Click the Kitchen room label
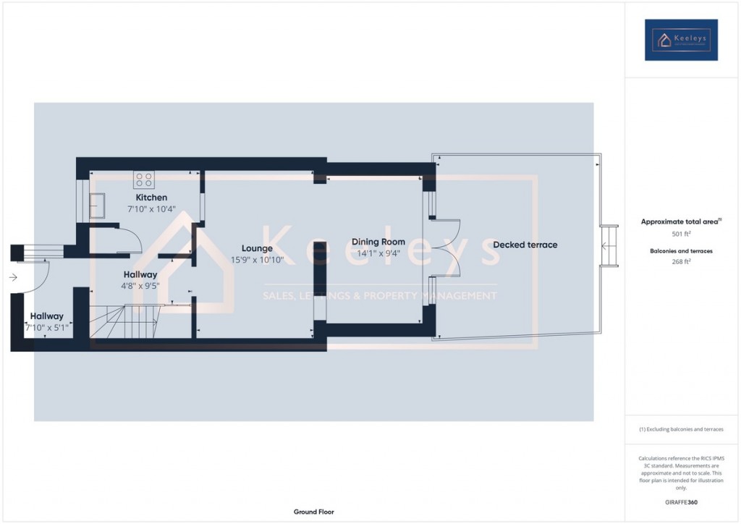coord(151,198)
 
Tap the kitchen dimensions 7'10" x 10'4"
coord(151,208)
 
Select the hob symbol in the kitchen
coord(143,178)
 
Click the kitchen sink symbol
coord(98,206)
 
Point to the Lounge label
coord(257,248)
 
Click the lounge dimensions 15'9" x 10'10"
coord(257,260)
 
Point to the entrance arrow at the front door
coord(13,276)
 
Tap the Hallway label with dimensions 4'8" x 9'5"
coord(140,275)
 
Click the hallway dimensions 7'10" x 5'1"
coord(46,327)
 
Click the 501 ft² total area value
coord(681,234)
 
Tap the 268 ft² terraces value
coord(681,261)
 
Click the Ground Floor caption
coord(313,512)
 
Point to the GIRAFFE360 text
coord(682,502)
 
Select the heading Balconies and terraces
coord(681,250)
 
